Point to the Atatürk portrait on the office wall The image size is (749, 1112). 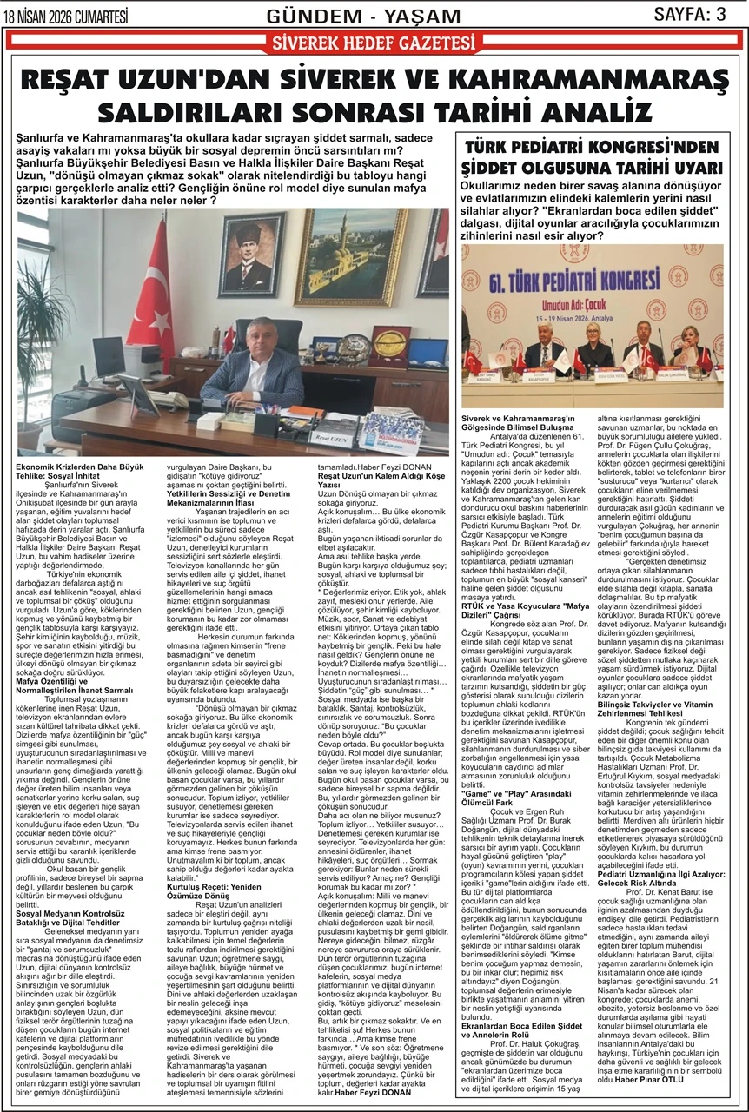point(252,253)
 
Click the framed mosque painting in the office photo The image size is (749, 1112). point(348,256)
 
